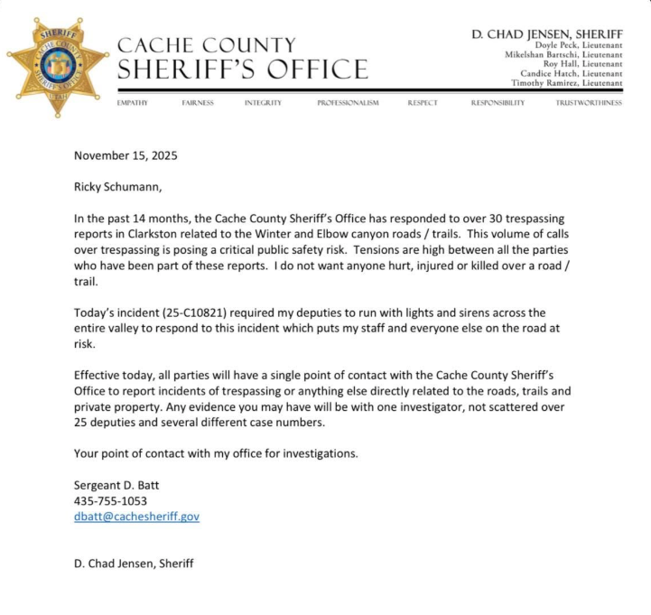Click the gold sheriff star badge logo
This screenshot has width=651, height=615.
click(x=56, y=65)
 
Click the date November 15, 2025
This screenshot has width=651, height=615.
click(x=126, y=155)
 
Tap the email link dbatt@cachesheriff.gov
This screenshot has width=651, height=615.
click(x=136, y=517)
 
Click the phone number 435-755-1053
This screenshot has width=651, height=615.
click(x=110, y=500)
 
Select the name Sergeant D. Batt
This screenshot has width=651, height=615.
click(x=116, y=484)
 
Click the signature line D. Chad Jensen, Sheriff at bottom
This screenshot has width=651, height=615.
click(x=133, y=564)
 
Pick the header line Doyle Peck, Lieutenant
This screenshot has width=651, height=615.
click(x=578, y=45)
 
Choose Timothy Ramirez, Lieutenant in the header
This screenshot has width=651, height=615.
click(x=566, y=82)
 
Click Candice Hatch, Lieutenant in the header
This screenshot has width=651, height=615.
click(x=571, y=73)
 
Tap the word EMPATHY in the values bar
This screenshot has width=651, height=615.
click(x=133, y=103)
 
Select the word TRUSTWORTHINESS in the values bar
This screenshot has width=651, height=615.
click(x=589, y=103)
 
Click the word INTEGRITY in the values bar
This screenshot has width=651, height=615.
click(x=263, y=103)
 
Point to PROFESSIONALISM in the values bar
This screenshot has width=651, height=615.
click(x=348, y=103)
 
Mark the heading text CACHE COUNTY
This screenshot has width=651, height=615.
click(x=207, y=45)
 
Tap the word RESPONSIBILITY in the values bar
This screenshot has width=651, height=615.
click(x=498, y=103)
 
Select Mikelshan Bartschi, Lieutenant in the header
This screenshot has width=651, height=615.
click(x=563, y=54)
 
